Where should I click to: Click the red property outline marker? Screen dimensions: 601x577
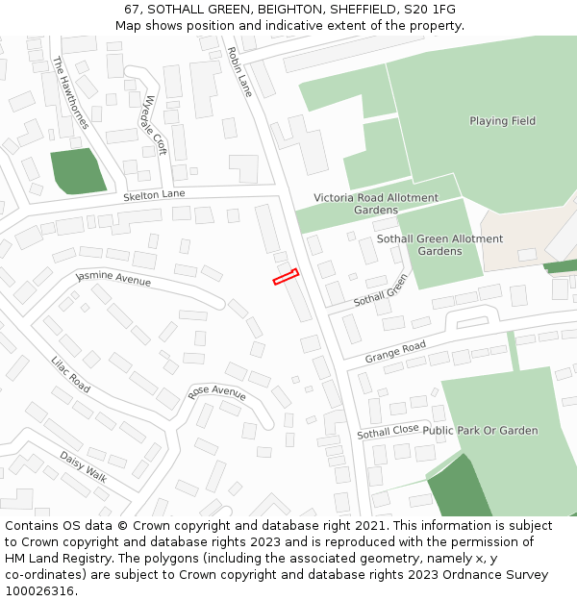[286, 277]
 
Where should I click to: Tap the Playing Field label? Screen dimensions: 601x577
[502, 121]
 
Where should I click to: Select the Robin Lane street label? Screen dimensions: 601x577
[240, 71]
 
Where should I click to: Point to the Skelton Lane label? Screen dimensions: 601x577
[154, 195]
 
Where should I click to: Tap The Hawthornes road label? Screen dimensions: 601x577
[71, 92]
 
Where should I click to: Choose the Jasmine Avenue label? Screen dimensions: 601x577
[113, 279]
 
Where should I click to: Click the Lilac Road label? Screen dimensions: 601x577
[71, 374]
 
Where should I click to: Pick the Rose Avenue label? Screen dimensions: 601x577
[216, 392]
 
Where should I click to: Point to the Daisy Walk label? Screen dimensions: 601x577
[84, 466]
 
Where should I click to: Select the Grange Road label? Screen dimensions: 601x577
[395, 353]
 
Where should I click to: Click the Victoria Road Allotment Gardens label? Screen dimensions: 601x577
[376, 204]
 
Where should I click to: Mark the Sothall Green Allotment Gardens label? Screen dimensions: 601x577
[439, 244]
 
